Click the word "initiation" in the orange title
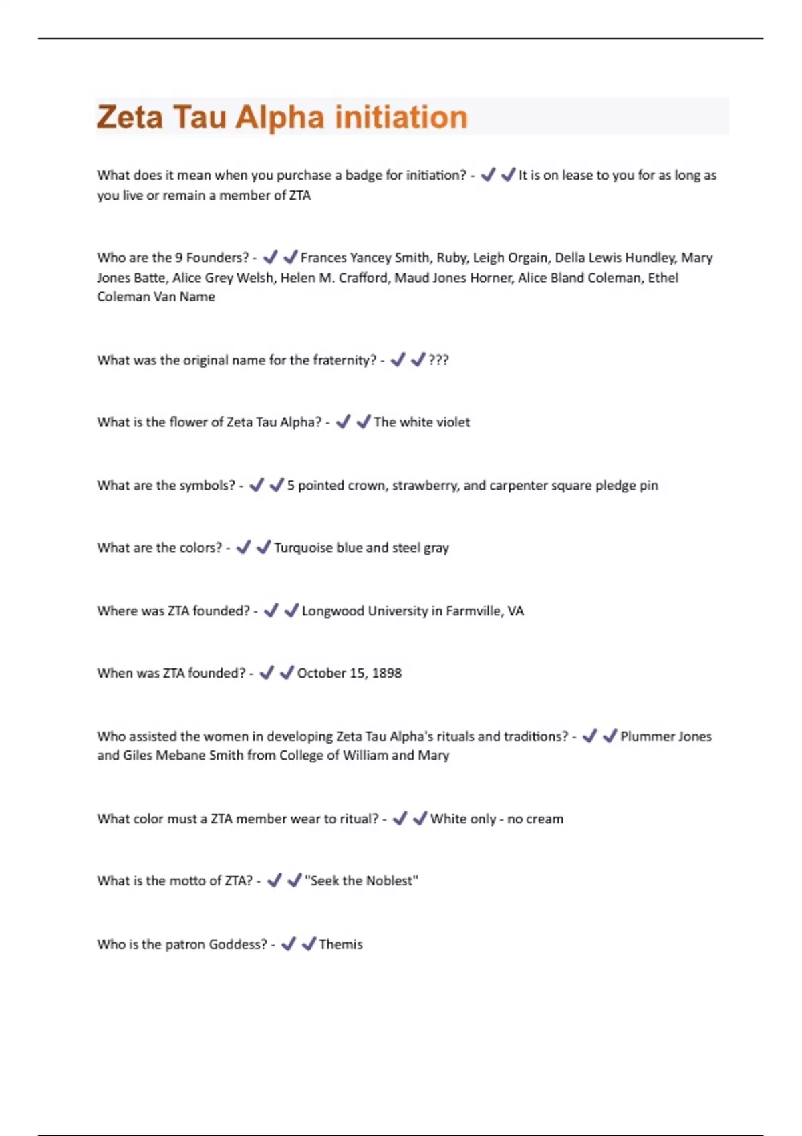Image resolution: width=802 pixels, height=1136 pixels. (x=401, y=118)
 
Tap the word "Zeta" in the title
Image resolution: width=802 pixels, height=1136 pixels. (x=130, y=118)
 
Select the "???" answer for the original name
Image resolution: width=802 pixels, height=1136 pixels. (x=438, y=360)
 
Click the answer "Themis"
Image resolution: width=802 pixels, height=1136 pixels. (x=341, y=944)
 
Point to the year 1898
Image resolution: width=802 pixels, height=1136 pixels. (x=386, y=673)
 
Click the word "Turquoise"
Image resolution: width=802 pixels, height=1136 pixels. (x=303, y=548)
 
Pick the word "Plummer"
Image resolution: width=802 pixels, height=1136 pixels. (x=646, y=736)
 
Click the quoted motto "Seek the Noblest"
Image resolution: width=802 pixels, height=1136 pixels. (x=362, y=881)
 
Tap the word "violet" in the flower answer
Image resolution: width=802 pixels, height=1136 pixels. (x=453, y=422)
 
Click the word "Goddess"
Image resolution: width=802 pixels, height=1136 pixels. (x=237, y=944)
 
